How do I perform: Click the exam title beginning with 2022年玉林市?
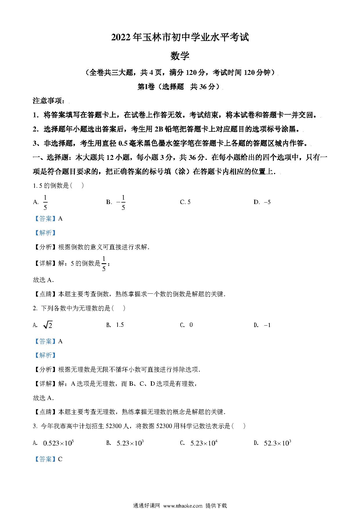point(180,37)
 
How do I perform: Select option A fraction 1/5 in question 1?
point(45,202)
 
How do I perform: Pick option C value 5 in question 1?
point(189,202)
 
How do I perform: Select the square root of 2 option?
point(48,325)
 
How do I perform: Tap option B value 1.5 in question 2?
point(120,325)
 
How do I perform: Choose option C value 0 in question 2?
point(191,325)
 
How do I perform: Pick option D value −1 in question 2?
point(267,325)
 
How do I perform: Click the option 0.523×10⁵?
point(58,443)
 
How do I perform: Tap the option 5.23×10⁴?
point(204,443)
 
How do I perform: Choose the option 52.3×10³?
point(277,443)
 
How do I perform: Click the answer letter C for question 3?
point(60,459)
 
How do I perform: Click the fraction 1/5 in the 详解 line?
point(104,263)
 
